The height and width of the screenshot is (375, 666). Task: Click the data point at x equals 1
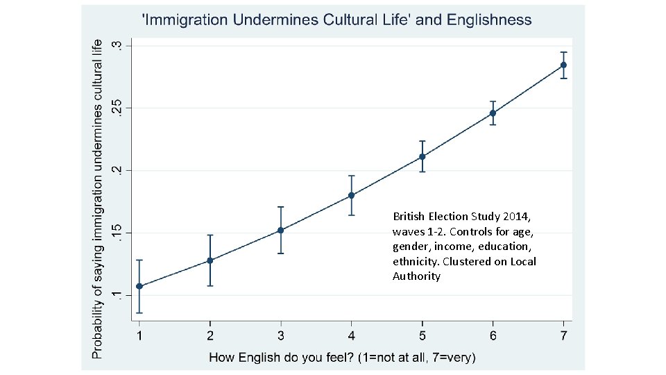pyautogui.click(x=139, y=286)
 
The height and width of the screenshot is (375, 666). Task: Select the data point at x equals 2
pyautogui.click(x=210, y=260)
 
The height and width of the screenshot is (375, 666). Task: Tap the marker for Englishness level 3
pyautogui.click(x=280, y=230)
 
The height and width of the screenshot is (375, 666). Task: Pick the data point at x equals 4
pyautogui.click(x=351, y=195)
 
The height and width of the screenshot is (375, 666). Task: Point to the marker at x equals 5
pyautogui.click(x=422, y=156)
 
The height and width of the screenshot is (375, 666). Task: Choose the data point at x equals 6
pyautogui.click(x=493, y=113)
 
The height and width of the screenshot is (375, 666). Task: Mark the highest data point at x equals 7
pyautogui.click(x=563, y=65)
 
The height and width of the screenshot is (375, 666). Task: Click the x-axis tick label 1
pyautogui.click(x=139, y=336)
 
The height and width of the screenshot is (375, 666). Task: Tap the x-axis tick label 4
pyautogui.click(x=351, y=336)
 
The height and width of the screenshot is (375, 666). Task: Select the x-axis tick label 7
pyautogui.click(x=563, y=336)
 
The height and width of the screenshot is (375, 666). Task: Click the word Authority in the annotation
pyautogui.click(x=416, y=276)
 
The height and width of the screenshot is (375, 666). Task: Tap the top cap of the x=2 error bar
pyautogui.click(x=210, y=235)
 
